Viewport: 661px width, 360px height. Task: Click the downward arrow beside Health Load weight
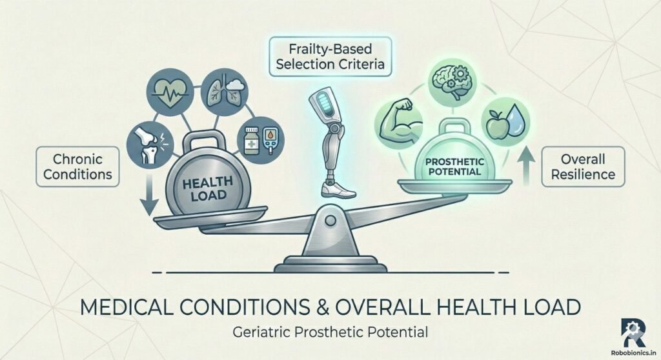click(148, 198)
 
